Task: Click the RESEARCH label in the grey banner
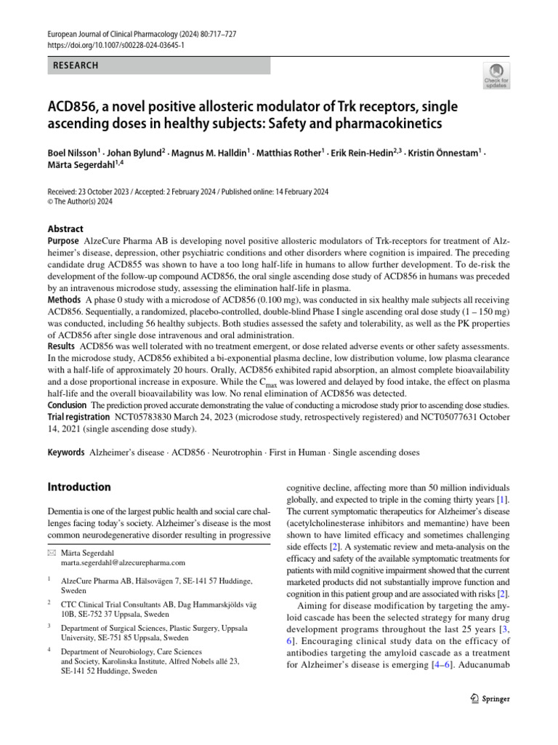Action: [x=76, y=65]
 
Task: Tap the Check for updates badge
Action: [x=496, y=75]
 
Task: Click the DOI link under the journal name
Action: [x=116, y=44]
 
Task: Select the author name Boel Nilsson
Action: [x=73, y=154]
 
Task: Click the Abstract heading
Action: [x=65, y=228]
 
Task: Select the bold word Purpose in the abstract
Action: [x=63, y=241]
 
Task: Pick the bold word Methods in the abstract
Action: [x=64, y=300]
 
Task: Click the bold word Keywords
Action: [x=66, y=453]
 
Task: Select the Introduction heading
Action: [x=79, y=487]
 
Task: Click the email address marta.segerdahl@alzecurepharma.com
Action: [x=123, y=562]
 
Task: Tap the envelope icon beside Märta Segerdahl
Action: [x=51, y=552]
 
